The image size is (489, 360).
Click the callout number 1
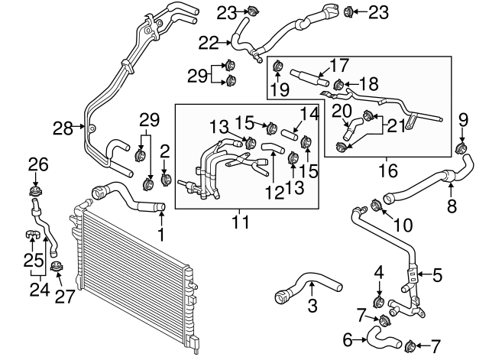(x=161, y=231)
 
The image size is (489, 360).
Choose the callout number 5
(x=438, y=273)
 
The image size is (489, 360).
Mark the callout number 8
(x=451, y=205)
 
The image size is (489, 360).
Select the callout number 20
(x=345, y=109)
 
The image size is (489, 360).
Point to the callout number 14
(x=308, y=114)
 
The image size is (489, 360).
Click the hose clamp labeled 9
(x=461, y=147)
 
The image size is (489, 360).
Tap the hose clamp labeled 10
(x=376, y=205)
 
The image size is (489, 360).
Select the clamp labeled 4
(x=378, y=297)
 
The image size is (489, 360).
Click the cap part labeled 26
(x=34, y=190)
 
